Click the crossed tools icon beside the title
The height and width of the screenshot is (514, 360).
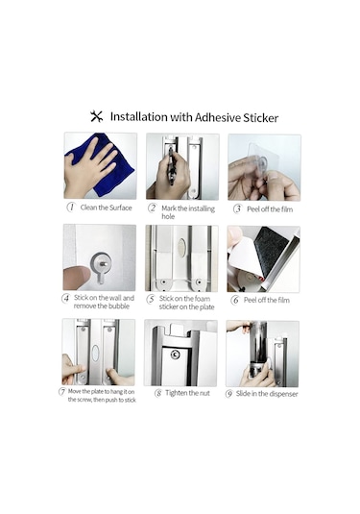(x=96, y=116)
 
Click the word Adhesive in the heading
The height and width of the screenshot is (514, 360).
(x=217, y=117)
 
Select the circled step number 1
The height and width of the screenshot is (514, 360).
(x=71, y=208)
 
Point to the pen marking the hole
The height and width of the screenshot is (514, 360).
(x=171, y=165)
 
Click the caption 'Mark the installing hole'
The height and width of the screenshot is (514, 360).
(x=188, y=212)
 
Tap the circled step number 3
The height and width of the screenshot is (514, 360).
(x=237, y=208)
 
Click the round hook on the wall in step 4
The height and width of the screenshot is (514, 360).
(x=101, y=263)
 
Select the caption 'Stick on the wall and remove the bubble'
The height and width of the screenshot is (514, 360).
(x=104, y=302)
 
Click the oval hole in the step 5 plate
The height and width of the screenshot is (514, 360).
(x=181, y=246)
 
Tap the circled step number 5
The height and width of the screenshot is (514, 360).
(x=151, y=299)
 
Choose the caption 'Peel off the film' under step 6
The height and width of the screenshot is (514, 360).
(x=267, y=300)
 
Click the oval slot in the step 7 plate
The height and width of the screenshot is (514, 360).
(x=95, y=354)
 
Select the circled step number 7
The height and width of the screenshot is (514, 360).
(x=61, y=391)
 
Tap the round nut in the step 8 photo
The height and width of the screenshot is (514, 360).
(x=176, y=355)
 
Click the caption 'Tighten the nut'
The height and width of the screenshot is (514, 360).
(x=187, y=393)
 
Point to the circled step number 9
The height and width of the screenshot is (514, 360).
(x=229, y=394)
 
